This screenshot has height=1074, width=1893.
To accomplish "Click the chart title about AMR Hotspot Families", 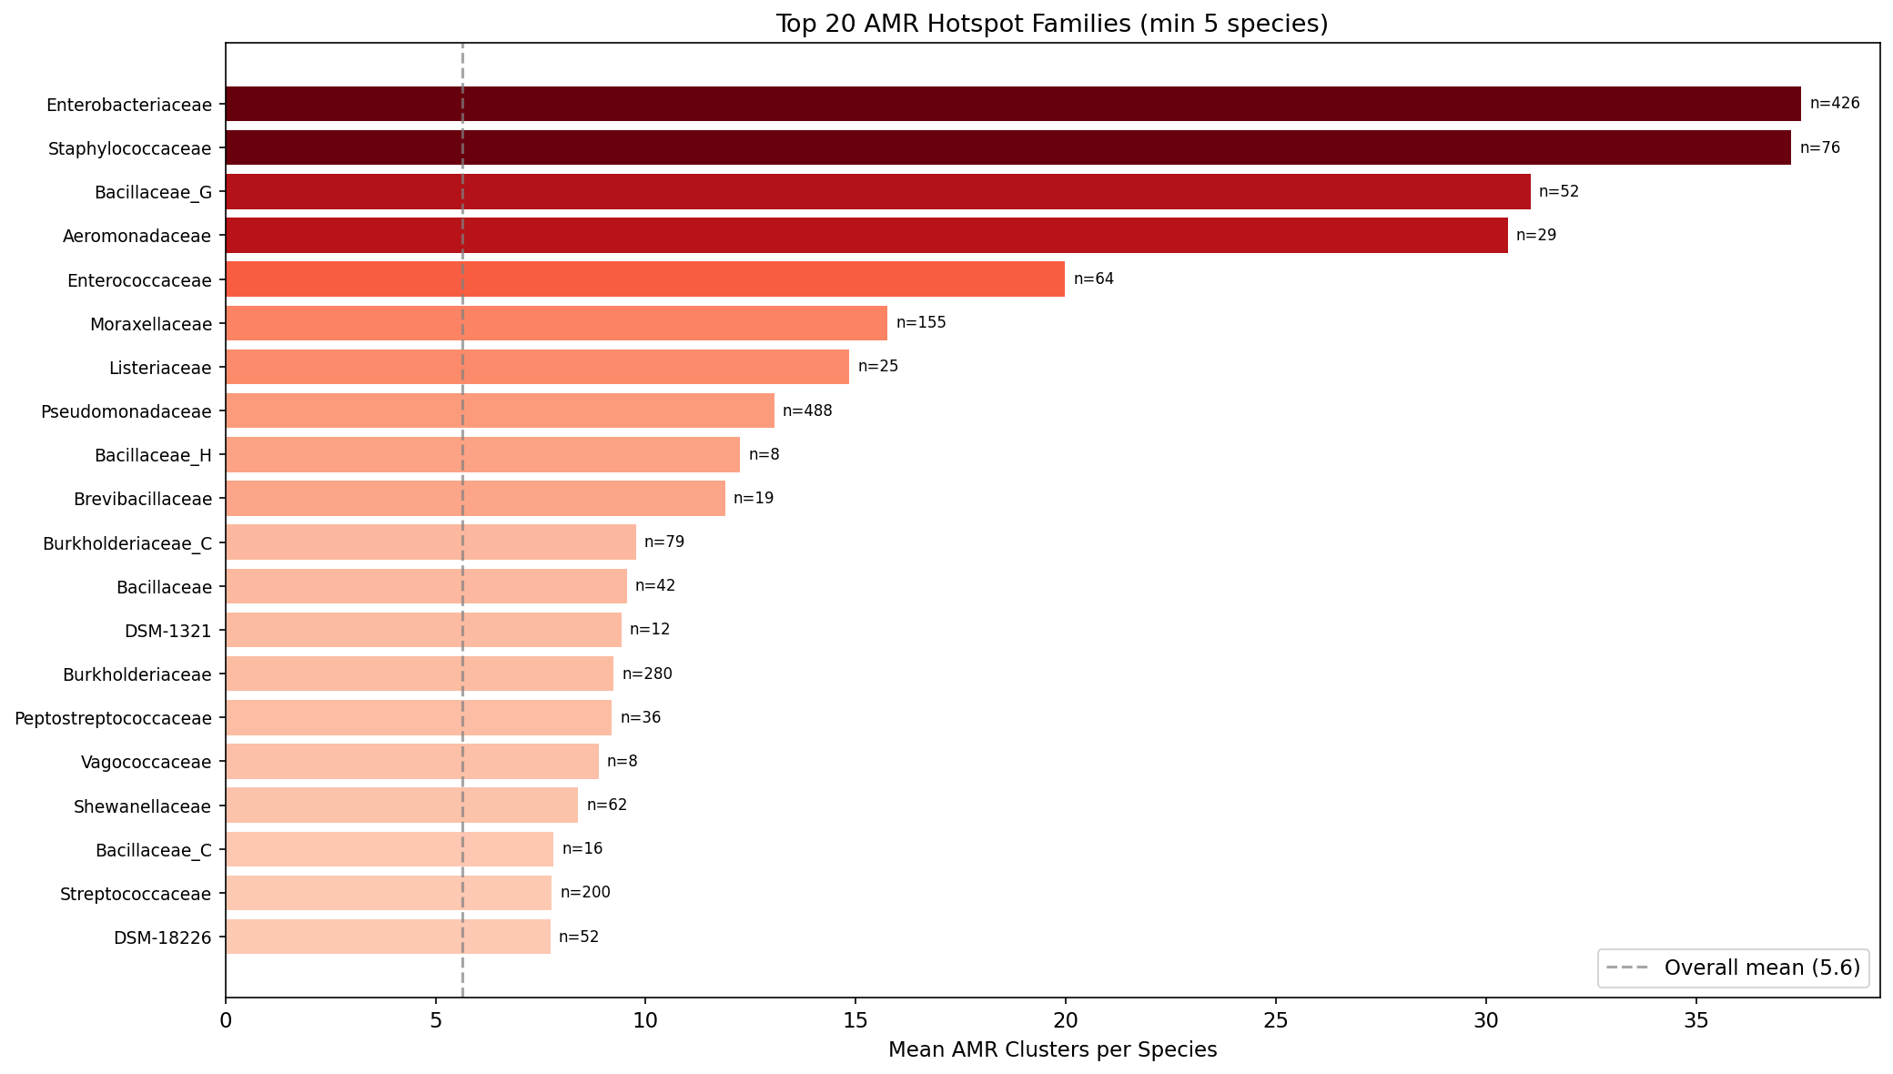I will pyautogui.click(x=1052, y=24).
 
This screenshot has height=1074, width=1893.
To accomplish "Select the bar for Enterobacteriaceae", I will pyautogui.click(x=1012, y=104).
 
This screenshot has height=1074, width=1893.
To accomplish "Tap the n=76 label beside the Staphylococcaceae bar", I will pyautogui.click(x=1819, y=147).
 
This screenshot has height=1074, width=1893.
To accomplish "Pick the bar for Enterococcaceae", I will pyautogui.click(x=644, y=279).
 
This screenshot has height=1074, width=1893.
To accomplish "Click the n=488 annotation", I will pyautogui.click(x=807, y=410).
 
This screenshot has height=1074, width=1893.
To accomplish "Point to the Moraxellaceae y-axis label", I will pyautogui.click(x=151, y=324).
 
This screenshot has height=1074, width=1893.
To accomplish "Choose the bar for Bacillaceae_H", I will pyautogui.click(x=482, y=454).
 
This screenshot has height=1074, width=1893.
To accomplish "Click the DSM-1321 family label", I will pyautogui.click(x=167, y=630).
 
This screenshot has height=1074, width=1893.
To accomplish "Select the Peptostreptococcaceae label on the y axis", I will pyautogui.click(x=113, y=718).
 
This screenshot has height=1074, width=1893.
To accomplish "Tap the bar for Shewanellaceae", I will pyautogui.click(x=401, y=805).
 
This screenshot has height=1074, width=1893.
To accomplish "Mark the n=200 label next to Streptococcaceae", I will pyautogui.click(x=585, y=892).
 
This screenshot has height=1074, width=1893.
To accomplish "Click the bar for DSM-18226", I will pyautogui.click(x=388, y=937).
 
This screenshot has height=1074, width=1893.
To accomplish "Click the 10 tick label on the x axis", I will pyautogui.click(x=645, y=1021).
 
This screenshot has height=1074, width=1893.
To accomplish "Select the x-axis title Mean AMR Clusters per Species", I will pyautogui.click(x=1052, y=1050).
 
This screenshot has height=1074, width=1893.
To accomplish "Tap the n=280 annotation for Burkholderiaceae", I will pyautogui.click(x=647, y=674).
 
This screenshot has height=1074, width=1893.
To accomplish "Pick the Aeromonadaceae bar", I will pyautogui.click(x=866, y=235).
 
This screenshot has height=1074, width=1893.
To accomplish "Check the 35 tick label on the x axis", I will pyautogui.click(x=1696, y=1021).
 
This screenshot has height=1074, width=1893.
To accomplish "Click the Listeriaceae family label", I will pyautogui.click(x=160, y=368).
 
